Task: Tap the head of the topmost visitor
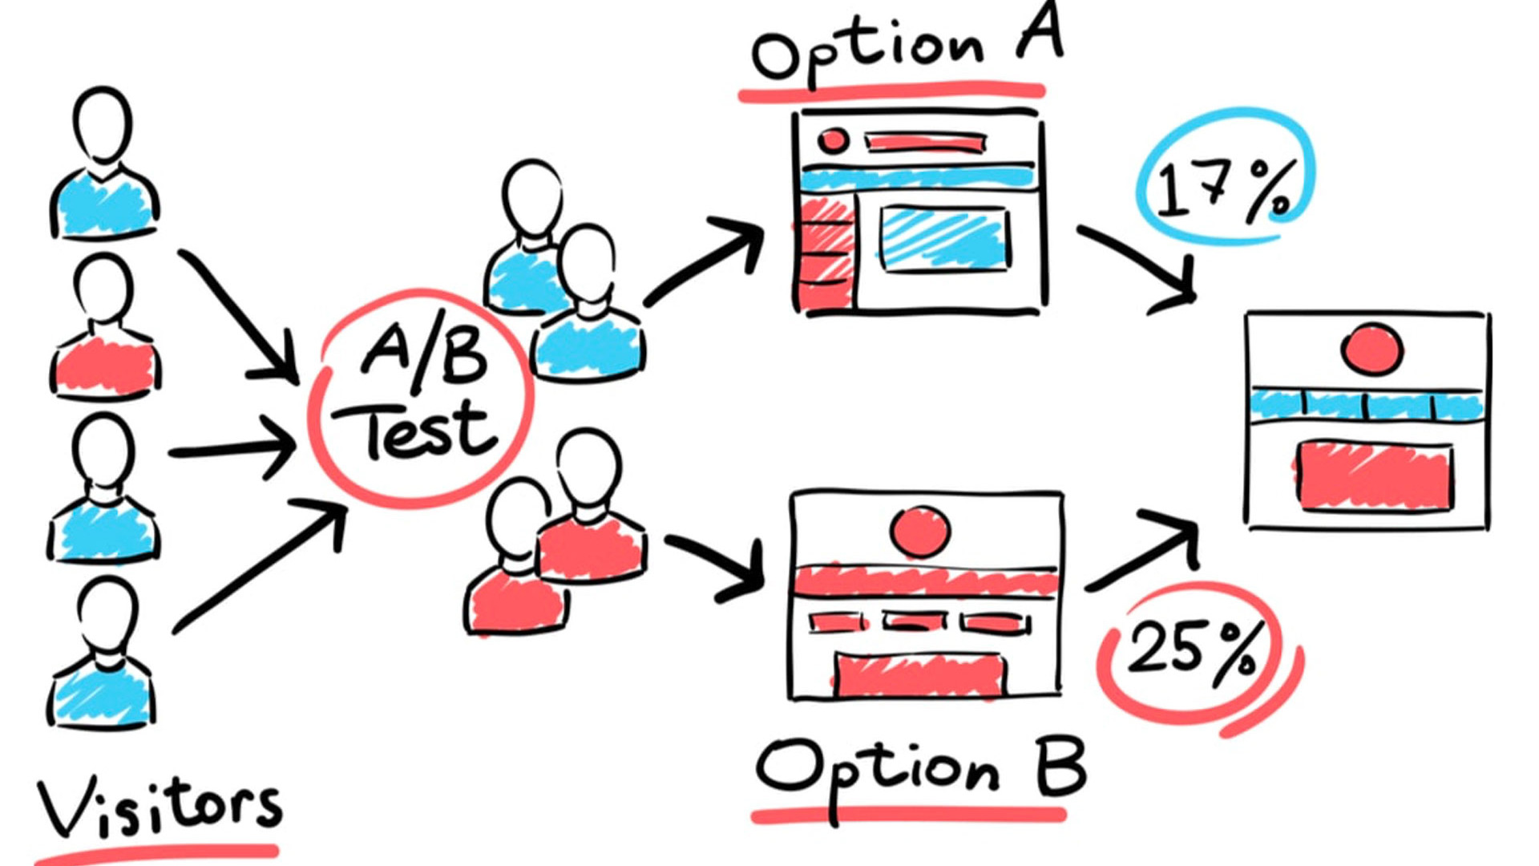(x=103, y=125)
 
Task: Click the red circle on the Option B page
(x=920, y=532)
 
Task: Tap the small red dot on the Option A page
(x=833, y=140)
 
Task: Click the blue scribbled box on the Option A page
(x=943, y=238)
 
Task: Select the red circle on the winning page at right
(x=1371, y=349)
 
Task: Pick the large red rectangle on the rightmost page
(x=1374, y=475)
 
